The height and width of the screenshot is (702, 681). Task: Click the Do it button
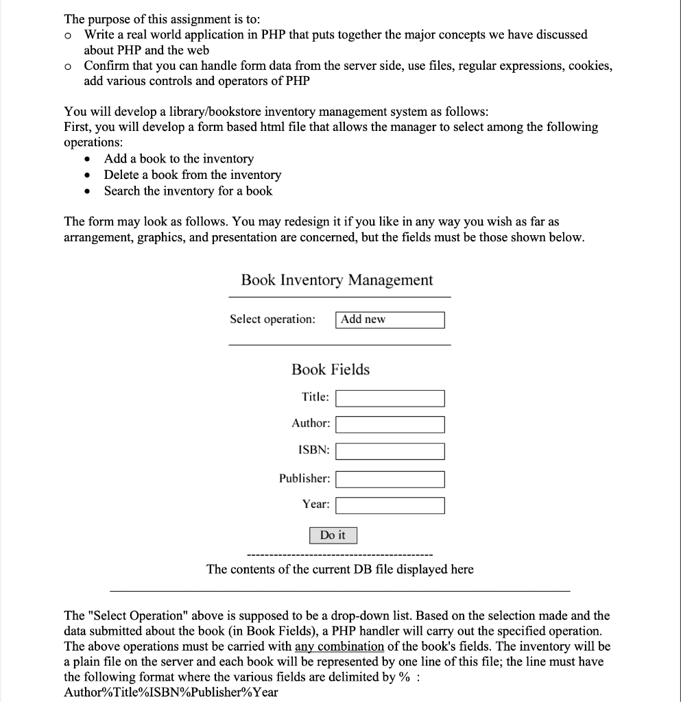click(x=333, y=535)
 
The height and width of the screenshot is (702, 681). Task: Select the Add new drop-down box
click(x=390, y=319)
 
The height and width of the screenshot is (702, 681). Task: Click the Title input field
click(x=390, y=398)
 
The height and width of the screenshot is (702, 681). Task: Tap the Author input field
click(x=390, y=424)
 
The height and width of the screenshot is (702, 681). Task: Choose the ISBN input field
click(x=390, y=451)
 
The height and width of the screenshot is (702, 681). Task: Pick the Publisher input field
click(x=390, y=479)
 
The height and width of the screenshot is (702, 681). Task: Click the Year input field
click(x=390, y=505)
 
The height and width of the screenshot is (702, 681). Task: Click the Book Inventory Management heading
click(x=337, y=280)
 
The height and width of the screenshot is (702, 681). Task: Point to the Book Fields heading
click(x=331, y=370)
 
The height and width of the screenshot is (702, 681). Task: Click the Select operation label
click(x=273, y=319)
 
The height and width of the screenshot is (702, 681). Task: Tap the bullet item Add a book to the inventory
click(x=178, y=158)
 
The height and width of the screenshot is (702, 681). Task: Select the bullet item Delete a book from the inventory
click(x=192, y=175)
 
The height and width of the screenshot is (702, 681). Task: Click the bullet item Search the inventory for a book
click(x=188, y=191)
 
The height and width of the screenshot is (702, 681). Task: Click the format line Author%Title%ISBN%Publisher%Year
click(x=171, y=691)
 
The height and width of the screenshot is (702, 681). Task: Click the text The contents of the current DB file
click(x=339, y=569)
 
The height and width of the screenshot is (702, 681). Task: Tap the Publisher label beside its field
click(x=304, y=478)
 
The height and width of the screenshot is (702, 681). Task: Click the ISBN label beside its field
click(x=313, y=450)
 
